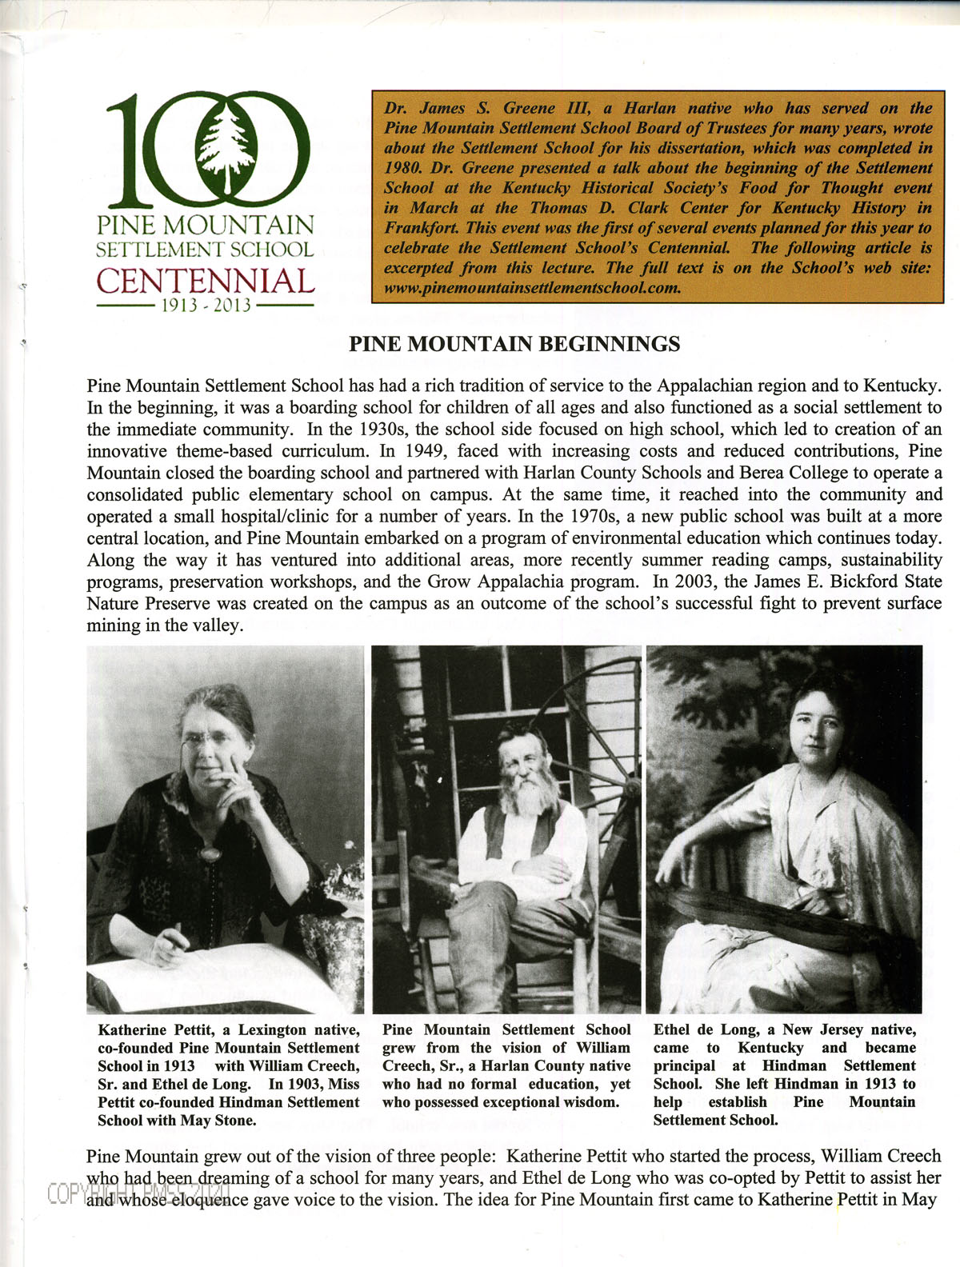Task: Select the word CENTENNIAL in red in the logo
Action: [x=206, y=282]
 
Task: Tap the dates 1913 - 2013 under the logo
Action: [x=206, y=306]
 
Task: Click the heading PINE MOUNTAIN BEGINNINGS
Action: [x=515, y=344]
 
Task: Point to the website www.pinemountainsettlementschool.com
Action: [x=532, y=288]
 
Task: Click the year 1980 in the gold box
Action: [x=402, y=168]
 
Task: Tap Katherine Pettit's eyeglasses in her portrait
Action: [x=210, y=737]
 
